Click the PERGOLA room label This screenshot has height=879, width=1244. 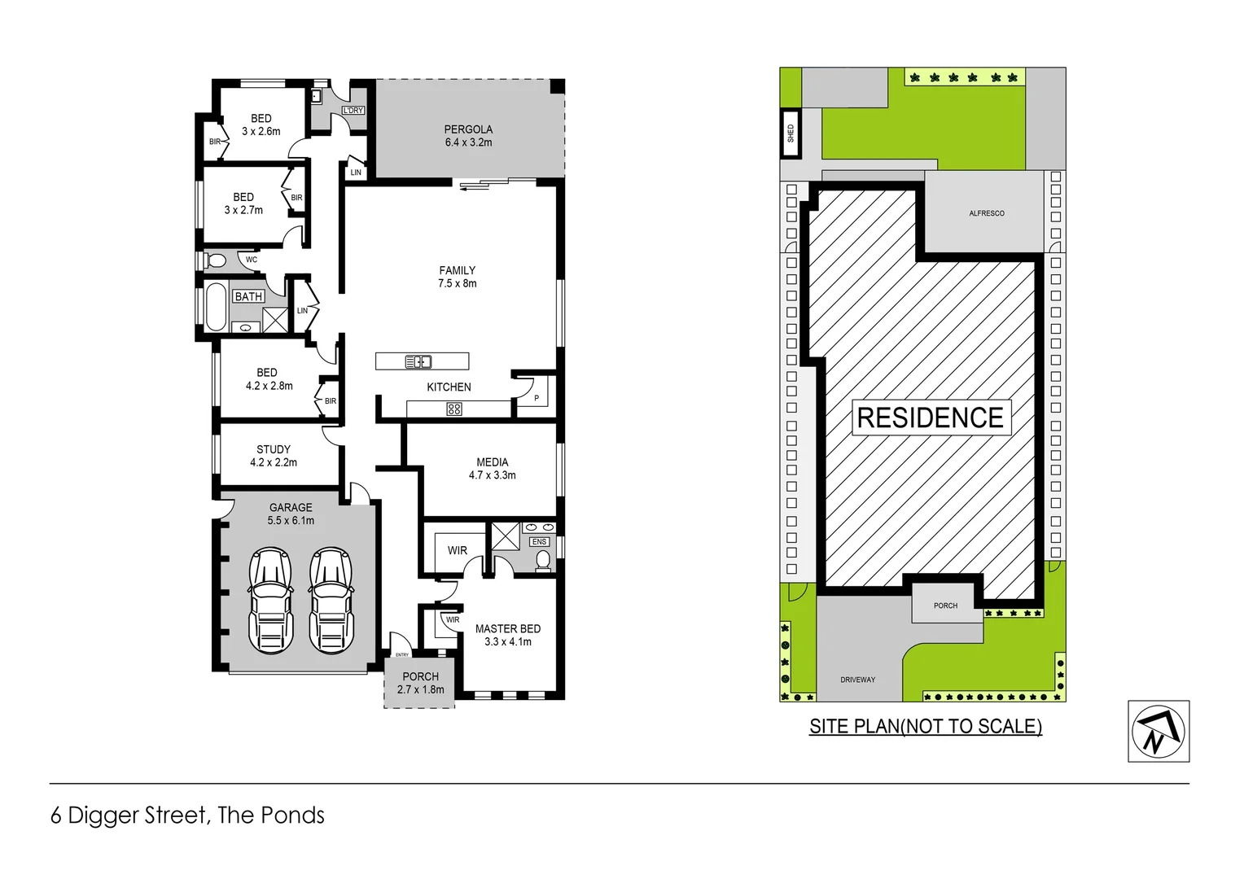click(x=468, y=135)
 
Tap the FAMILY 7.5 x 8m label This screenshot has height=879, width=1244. click(x=457, y=277)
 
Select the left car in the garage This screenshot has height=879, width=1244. click(x=270, y=600)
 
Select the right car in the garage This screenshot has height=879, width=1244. click(x=331, y=600)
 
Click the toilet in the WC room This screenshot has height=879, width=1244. click(x=216, y=260)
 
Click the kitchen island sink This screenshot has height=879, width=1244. click(x=418, y=361)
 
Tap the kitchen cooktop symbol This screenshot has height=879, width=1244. click(x=454, y=409)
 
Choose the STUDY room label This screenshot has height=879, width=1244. click(x=274, y=456)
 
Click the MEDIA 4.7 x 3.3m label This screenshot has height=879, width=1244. click(x=492, y=468)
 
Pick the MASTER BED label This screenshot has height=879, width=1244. click(x=507, y=635)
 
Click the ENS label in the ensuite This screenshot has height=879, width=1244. click(x=539, y=541)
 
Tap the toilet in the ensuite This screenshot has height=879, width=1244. click(x=543, y=560)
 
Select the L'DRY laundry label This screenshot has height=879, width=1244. click(x=353, y=110)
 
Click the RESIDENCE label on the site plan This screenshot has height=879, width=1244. click(x=931, y=418)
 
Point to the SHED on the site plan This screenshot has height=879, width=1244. click(x=791, y=133)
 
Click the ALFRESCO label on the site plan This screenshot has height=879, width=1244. click(x=986, y=213)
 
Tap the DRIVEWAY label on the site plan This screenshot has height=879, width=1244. click(x=857, y=680)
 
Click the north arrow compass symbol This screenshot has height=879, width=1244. click(x=1158, y=731)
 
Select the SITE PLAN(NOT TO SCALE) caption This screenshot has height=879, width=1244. click(x=925, y=726)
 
